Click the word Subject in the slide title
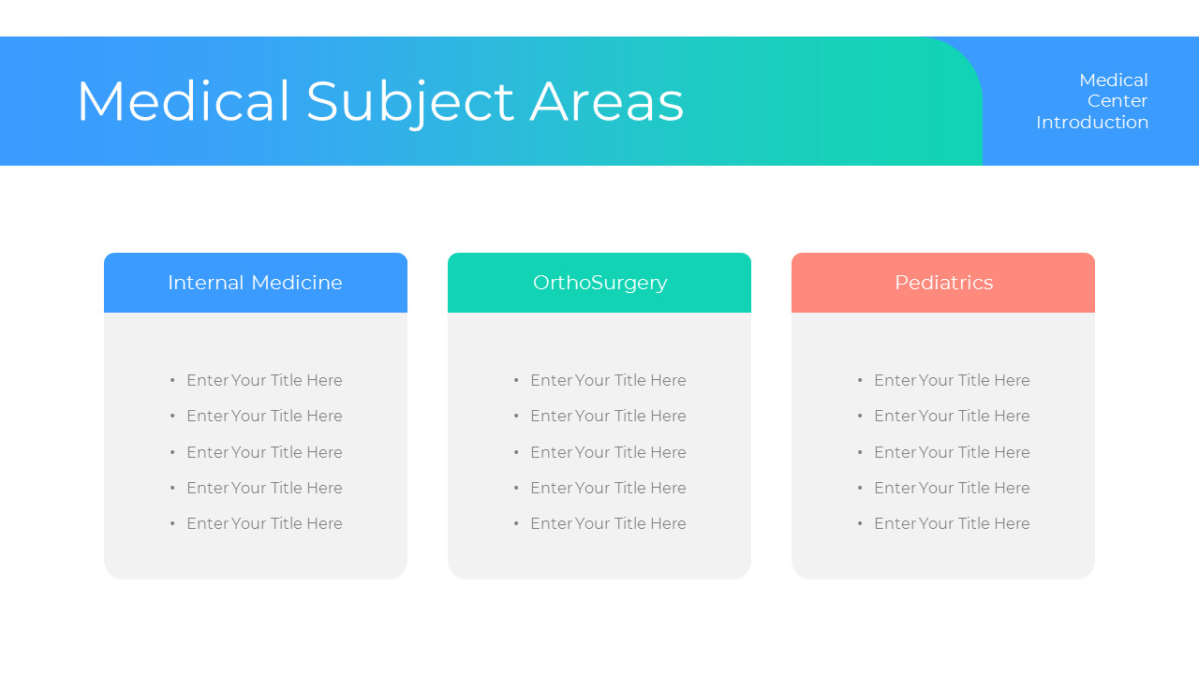click(x=410, y=104)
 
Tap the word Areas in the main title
click(x=607, y=102)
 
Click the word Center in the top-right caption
click(x=1118, y=100)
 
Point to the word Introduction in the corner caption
click(x=1092, y=122)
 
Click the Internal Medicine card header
click(x=256, y=283)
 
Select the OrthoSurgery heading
click(x=599, y=283)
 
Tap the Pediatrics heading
click(x=943, y=283)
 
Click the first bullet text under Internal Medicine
click(x=264, y=380)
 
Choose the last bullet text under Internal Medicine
click(x=264, y=523)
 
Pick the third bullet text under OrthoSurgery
click(x=608, y=452)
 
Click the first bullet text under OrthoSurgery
click(x=608, y=380)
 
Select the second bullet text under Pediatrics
click(x=952, y=416)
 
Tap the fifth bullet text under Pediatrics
click(x=952, y=523)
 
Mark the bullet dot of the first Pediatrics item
click(x=860, y=380)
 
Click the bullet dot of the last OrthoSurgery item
click(x=516, y=523)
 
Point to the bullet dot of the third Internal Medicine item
click(x=172, y=452)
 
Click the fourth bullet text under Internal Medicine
click(x=264, y=488)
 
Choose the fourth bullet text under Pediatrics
click(x=952, y=488)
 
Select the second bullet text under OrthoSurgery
click(x=608, y=416)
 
